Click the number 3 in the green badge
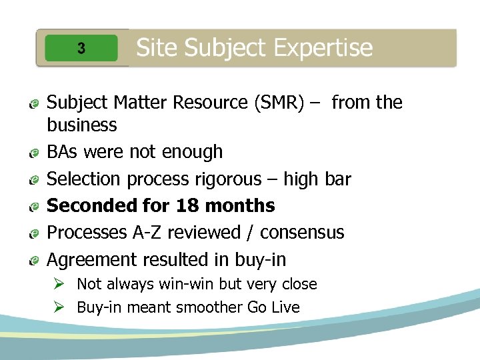tap(81, 48)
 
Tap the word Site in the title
tap(157, 47)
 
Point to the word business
tap(82, 125)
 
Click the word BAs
tap(61, 152)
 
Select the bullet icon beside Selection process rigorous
tap(33, 180)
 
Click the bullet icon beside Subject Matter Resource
tap(33, 104)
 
